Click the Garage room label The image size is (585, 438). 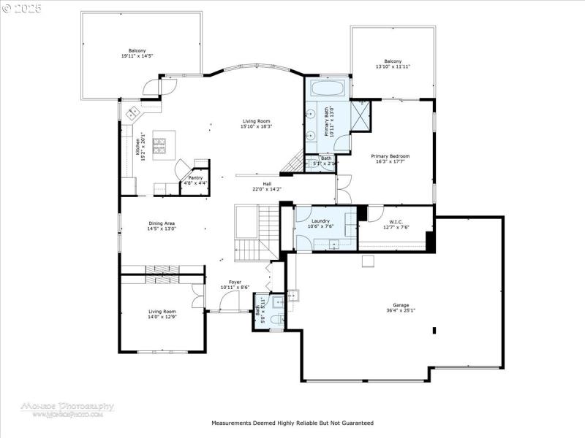(400, 304)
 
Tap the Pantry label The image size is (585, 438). (195, 177)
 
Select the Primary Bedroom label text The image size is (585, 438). (390, 155)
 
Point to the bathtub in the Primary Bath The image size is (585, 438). (328, 90)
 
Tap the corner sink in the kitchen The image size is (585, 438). (134, 112)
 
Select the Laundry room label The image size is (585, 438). (320, 220)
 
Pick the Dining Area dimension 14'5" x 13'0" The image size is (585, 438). (162, 228)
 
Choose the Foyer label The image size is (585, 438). (235, 282)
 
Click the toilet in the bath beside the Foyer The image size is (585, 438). (273, 319)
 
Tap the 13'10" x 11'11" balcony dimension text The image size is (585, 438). (393, 66)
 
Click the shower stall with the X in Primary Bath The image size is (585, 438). (361, 115)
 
